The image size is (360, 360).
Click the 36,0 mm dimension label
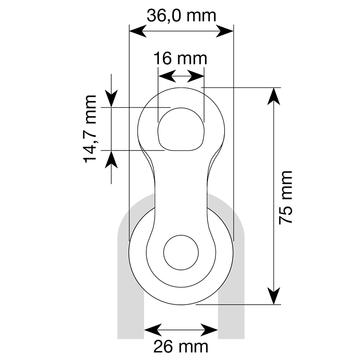[x=181, y=16]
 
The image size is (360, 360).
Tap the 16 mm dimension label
[x=180, y=58]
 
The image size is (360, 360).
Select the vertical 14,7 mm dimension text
[x=90, y=129]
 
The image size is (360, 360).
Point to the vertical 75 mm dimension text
[x=285, y=198]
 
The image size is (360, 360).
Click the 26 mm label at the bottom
[x=181, y=346]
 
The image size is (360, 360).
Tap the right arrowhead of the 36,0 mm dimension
[x=225, y=31]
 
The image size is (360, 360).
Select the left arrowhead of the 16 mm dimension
[x=167, y=76]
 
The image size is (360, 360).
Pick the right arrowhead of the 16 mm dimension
[x=196, y=76]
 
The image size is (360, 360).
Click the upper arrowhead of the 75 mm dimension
[x=274, y=96]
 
